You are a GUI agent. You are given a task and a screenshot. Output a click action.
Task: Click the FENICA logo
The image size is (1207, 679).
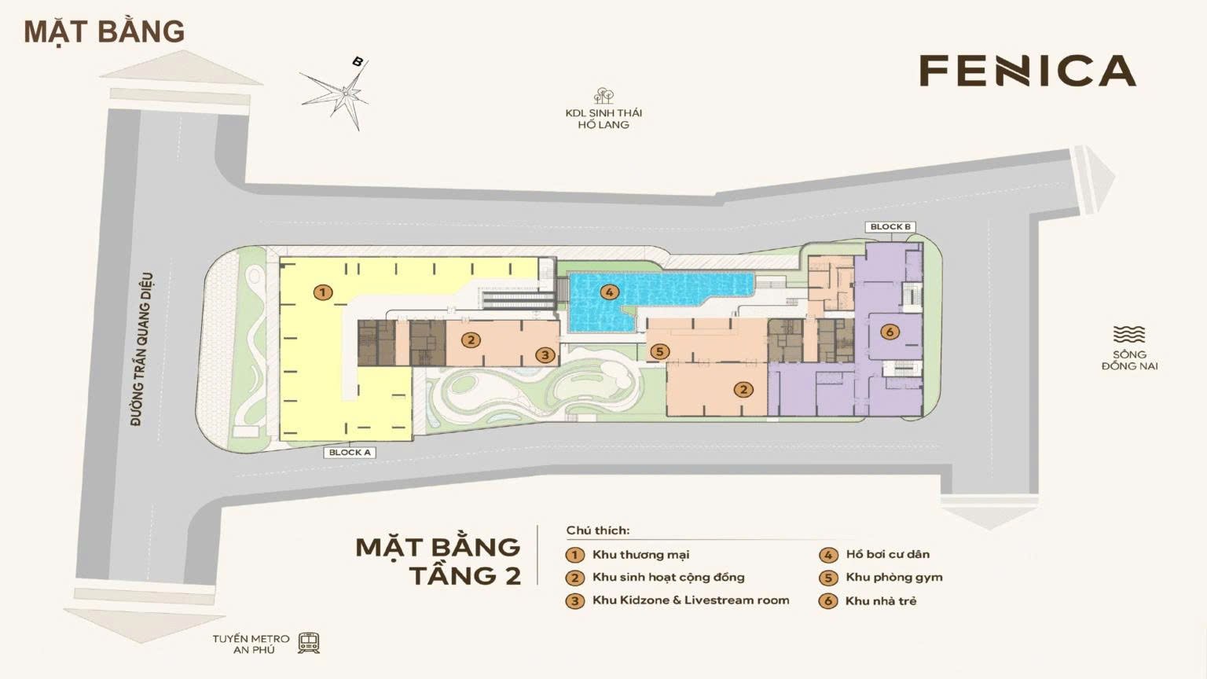1027,71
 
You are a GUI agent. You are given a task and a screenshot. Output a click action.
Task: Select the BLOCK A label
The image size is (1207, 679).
350,453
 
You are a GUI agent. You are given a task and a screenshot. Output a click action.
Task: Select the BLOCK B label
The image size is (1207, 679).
890,227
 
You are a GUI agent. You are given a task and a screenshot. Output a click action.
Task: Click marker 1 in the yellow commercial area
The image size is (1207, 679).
322,293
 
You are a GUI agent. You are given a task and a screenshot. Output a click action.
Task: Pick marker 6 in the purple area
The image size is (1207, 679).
890,332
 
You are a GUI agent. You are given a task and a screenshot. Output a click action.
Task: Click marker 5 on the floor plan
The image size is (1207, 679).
660,351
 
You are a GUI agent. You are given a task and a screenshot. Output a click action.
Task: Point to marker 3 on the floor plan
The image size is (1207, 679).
545,355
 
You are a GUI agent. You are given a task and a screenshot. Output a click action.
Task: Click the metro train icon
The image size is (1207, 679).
308,643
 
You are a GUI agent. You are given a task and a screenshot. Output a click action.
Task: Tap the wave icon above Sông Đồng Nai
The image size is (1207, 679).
1129,335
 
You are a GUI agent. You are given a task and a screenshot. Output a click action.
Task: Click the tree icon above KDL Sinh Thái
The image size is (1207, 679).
603,96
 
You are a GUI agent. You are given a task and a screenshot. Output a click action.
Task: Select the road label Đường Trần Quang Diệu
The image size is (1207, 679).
142,349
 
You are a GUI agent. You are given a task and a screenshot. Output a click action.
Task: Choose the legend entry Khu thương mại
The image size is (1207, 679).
640,555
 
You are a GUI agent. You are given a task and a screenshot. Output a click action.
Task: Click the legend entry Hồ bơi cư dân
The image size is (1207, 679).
887,555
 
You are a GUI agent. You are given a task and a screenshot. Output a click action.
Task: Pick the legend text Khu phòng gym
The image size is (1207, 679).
893,578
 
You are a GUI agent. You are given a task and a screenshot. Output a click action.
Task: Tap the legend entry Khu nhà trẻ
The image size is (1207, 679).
880,601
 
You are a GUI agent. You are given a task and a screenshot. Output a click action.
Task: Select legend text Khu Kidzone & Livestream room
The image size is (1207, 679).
691,600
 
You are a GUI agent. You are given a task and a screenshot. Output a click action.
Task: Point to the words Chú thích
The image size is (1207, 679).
597,530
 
